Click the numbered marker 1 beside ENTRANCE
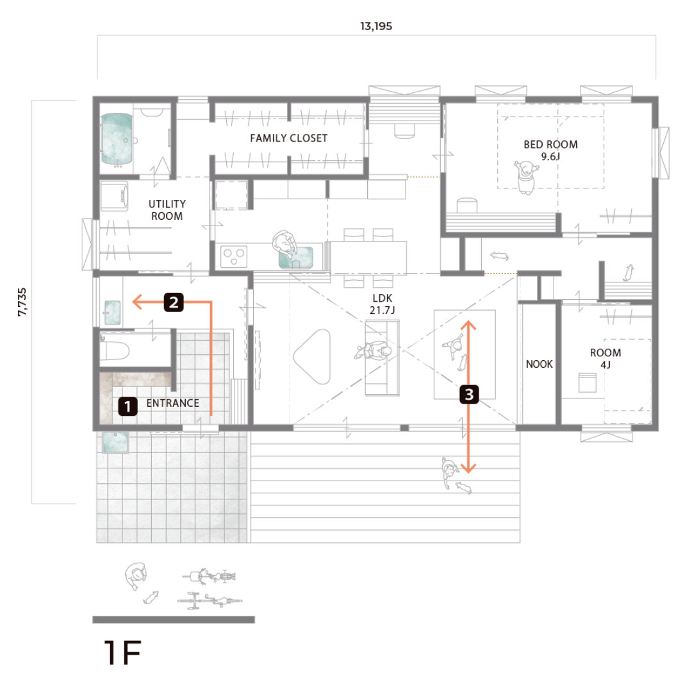click(128, 406)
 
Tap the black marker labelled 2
click(174, 302)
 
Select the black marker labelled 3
click(468, 394)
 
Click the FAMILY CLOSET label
click(288, 138)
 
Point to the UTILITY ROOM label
click(167, 210)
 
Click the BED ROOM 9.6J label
click(550, 151)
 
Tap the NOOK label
click(539, 364)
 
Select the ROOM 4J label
click(605, 358)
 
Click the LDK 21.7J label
click(382, 304)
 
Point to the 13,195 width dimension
click(376, 26)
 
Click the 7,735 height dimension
click(22, 302)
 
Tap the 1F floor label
click(122, 653)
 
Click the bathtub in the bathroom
click(117, 138)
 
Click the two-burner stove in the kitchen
click(233, 256)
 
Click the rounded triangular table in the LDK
click(313, 357)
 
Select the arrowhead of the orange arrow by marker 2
click(137, 302)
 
